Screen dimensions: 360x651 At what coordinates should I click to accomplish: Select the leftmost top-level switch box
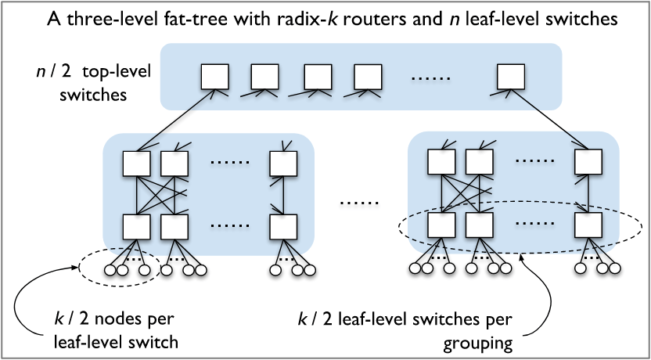(214, 77)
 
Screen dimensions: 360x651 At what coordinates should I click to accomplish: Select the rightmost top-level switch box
(511, 77)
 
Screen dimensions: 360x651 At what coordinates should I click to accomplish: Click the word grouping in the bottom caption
(492, 341)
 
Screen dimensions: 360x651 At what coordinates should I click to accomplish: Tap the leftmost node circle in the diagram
(110, 271)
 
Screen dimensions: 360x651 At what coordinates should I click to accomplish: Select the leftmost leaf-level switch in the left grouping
(136, 226)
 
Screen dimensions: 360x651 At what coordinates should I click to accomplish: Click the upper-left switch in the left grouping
(136, 163)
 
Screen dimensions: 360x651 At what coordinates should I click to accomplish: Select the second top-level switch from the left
(264, 77)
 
